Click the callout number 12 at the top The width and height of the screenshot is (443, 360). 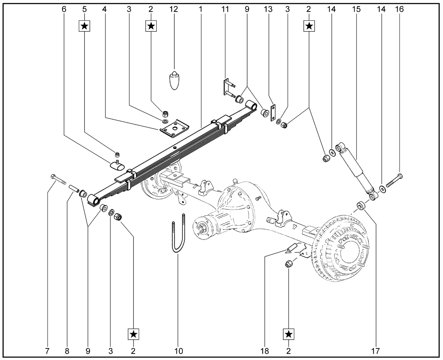point(174,9)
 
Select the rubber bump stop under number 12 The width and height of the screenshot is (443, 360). point(174,80)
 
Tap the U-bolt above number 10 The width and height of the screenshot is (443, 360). point(178,233)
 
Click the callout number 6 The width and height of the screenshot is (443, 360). point(64,9)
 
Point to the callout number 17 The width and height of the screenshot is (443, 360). point(376,351)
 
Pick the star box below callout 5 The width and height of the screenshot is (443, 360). point(84,26)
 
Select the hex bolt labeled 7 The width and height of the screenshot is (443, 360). point(58,179)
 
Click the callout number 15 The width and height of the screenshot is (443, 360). point(356,9)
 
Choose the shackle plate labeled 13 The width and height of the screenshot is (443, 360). point(273,113)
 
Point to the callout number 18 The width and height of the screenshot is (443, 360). point(264,351)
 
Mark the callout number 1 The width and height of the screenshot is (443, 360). point(200,9)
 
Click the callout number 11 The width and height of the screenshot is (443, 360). point(225,9)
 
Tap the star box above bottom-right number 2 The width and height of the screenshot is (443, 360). point(289,334)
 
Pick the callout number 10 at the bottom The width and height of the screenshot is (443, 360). point(179,351)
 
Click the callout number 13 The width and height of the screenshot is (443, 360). point(268,9)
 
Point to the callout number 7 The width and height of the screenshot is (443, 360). point(47,351)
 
